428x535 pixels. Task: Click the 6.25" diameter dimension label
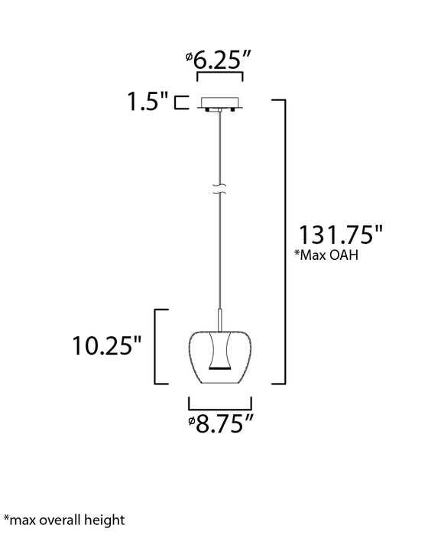219,60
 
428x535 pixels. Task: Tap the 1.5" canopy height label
148,101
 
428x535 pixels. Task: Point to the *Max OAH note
326,255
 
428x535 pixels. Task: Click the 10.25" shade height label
107,345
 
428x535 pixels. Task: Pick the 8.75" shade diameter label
221,423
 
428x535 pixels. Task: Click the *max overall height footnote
64,520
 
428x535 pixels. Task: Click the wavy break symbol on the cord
219,189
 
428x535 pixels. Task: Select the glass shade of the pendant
219,357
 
